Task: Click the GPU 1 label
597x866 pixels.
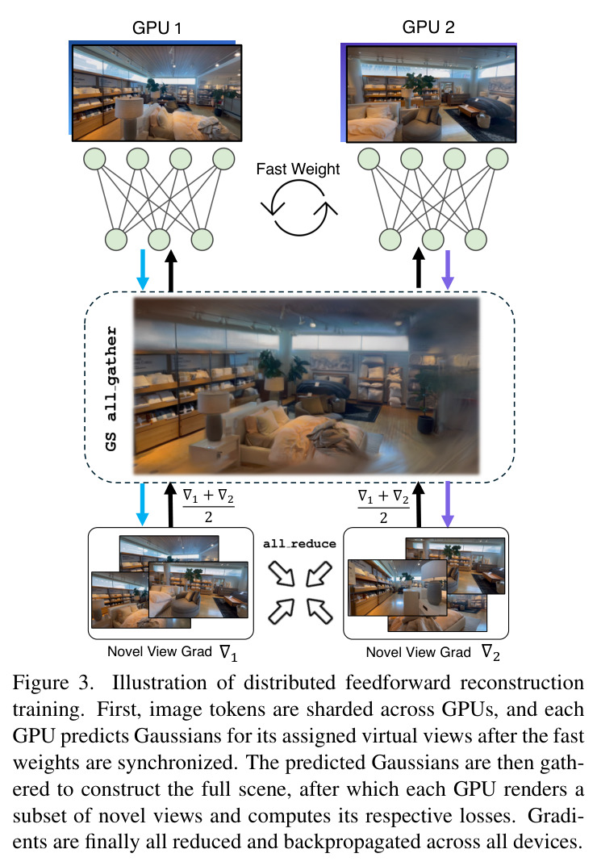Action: click(x=157, y=27)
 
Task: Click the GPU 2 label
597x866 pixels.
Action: click(x=428, y=27)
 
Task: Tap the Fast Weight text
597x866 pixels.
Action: click(x=298, y=169)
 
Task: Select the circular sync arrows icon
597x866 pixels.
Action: click(x=298, y=208)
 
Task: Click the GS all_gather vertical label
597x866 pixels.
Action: click(x=111, y=388)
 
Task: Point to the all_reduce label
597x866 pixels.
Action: click(x=299, y=543)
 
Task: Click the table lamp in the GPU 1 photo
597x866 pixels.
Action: click(x=128, y=116)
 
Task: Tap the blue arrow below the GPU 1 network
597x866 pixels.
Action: click(x=143, y=270)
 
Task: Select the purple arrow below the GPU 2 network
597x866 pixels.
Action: click(x=448, y=270)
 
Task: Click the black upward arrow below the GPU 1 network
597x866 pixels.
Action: click(x=171, y=270)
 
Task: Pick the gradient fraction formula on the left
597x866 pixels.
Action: click(x=208, y=505)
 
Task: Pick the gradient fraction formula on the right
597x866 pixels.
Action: click(x=383, y=506)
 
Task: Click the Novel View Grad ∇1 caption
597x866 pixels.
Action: click(x=173, y=652)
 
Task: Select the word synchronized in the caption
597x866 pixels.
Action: click(x=177, y=763)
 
